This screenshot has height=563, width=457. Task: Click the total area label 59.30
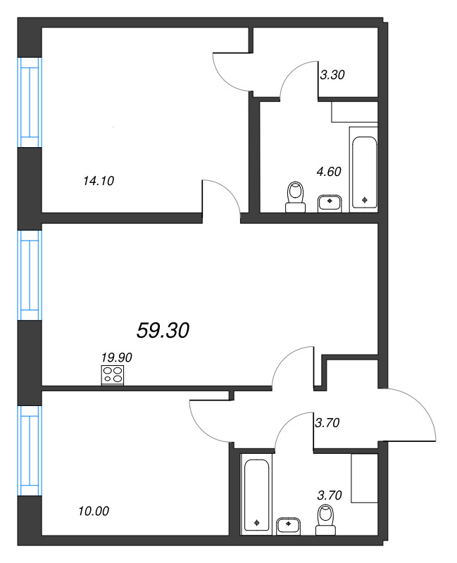point(163,330)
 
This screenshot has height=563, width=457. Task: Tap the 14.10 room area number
point(98,181)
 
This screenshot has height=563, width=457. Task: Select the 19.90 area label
point(116,358)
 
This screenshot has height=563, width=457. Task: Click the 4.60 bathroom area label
point(329,170)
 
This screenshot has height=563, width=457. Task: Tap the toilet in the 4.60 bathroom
point(296,196)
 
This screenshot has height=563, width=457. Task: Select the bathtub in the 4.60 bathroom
point(363,168)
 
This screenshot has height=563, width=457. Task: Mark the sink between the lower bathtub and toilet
point(289,526)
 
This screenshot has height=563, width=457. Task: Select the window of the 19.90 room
point(30,275)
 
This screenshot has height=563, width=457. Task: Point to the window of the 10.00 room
point(30,450)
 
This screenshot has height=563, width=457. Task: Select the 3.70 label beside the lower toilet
point(330,495)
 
